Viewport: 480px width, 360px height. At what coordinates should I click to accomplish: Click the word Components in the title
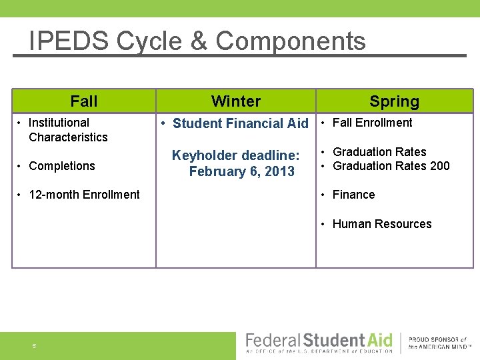291,41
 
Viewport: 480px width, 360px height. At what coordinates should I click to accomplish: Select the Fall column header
84,101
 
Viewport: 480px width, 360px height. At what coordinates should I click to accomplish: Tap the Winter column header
236,101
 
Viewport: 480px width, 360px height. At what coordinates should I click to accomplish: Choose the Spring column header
394,101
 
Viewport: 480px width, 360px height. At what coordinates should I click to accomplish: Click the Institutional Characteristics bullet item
67,130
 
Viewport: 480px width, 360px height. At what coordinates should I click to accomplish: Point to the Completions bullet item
61,166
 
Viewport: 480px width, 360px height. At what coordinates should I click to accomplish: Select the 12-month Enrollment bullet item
84,195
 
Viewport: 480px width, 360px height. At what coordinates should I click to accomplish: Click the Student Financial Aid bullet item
239,123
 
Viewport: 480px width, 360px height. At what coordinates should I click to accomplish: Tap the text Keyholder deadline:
236,155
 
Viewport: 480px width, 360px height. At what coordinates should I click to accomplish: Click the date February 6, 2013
241,171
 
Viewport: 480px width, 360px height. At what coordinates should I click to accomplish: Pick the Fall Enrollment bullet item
371,123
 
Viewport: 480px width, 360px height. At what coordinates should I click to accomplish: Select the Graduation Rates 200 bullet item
391,166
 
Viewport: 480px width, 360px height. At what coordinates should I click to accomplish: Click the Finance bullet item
353,195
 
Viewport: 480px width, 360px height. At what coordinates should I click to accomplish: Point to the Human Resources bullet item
381,224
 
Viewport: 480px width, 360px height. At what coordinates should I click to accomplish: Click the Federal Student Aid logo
319,343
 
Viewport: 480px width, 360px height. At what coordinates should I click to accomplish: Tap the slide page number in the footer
34,346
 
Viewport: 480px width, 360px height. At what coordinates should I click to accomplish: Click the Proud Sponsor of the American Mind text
437,343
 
